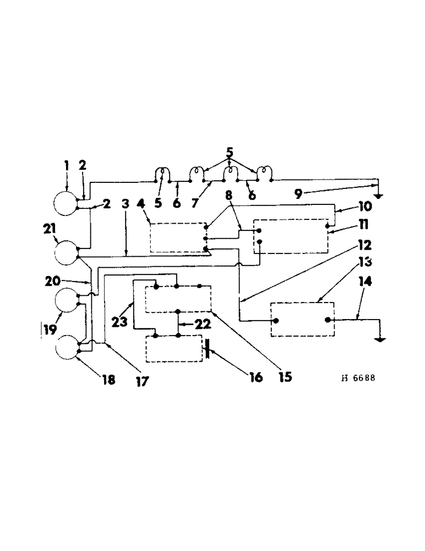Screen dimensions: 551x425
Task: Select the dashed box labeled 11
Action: point(290,236)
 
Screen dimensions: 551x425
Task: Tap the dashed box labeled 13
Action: point(302,320)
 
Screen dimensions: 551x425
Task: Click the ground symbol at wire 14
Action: point(379,339)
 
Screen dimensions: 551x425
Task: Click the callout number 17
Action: point(142,380)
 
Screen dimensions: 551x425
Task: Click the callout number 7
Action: point(194,203)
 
